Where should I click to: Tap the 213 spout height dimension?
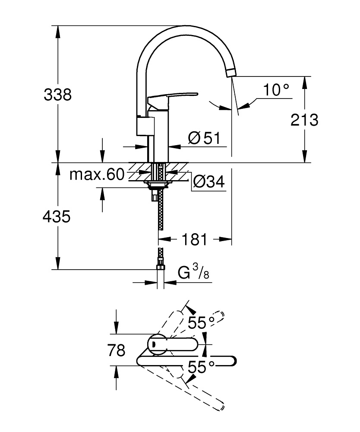pyautogui.click(x=304, y=120)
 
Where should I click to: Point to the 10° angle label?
pyautogui.click(x=276, y=90)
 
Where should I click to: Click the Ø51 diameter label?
pyautogui.click(x=204, y=138)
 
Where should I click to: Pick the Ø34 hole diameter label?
pyautogui.click(x=208, y=182)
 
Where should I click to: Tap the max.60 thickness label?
pyautogui.click(x=96, y=175)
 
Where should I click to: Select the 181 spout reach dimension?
pyautogui.click(x=195, y=239)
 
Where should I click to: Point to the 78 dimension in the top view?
pyautogui.click(x=117, y=350)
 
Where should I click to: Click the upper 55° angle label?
pyautogui.click(x=201, y=322)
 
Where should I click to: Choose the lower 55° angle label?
pyautogui.click(x=201, y=367)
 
